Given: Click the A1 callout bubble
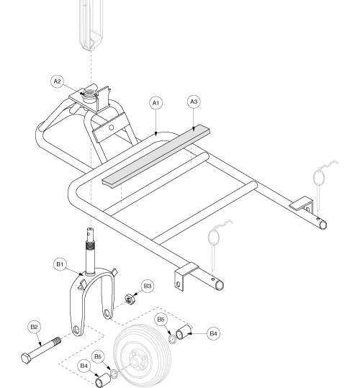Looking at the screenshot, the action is pos(156,103).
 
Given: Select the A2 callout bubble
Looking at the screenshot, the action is pos(58,81).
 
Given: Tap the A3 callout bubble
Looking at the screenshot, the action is pos(194,101).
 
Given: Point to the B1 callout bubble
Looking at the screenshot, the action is pos(60,264).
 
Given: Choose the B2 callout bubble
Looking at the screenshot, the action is pos(34,327).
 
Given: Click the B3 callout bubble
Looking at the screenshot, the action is pos(148,286).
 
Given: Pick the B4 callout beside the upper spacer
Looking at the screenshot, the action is pos(213,333).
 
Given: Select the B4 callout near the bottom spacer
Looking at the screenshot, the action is pos(84,366).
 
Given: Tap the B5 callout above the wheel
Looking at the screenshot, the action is pos(161,319).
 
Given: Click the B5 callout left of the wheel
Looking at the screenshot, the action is pos(98,356).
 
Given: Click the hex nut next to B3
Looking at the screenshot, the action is pos(129,299).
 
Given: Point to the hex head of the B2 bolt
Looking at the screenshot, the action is pos(26,358).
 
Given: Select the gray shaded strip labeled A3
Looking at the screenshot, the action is pos(156,156).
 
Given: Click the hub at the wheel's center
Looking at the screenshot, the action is pos(135,362).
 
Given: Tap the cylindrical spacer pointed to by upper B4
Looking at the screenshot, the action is pos(184,332).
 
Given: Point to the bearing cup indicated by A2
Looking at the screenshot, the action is pos(89,95).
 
